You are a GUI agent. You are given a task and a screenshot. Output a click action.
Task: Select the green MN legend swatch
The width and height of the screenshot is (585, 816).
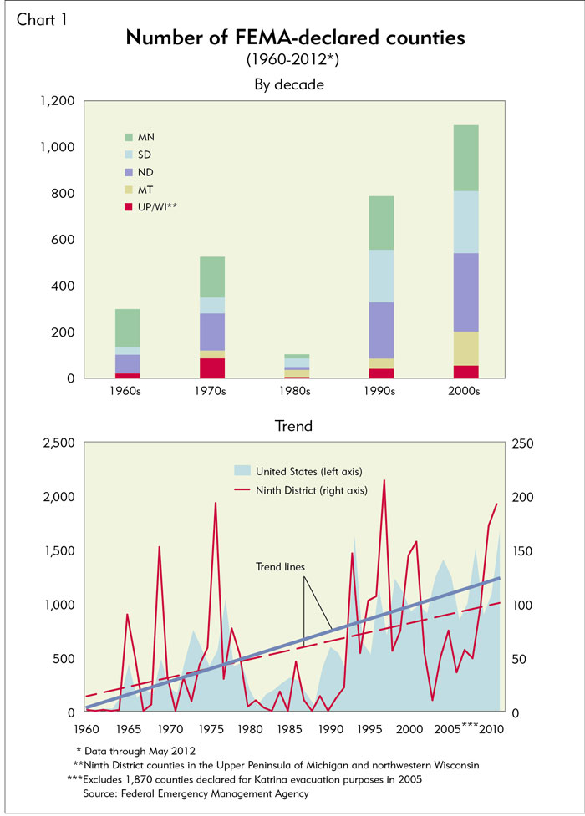[128, 136]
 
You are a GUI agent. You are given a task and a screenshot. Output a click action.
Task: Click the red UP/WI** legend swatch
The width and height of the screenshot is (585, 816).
[128, 205]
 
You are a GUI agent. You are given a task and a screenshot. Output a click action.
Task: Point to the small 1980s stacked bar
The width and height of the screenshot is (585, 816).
[297, 367]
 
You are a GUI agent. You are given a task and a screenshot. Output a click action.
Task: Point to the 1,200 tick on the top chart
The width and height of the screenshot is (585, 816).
[58, 101]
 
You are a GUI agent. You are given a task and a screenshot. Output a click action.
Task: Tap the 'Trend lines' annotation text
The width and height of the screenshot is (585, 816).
[280, 567]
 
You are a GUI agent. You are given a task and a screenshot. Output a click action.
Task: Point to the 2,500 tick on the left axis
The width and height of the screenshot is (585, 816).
[58, 443]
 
